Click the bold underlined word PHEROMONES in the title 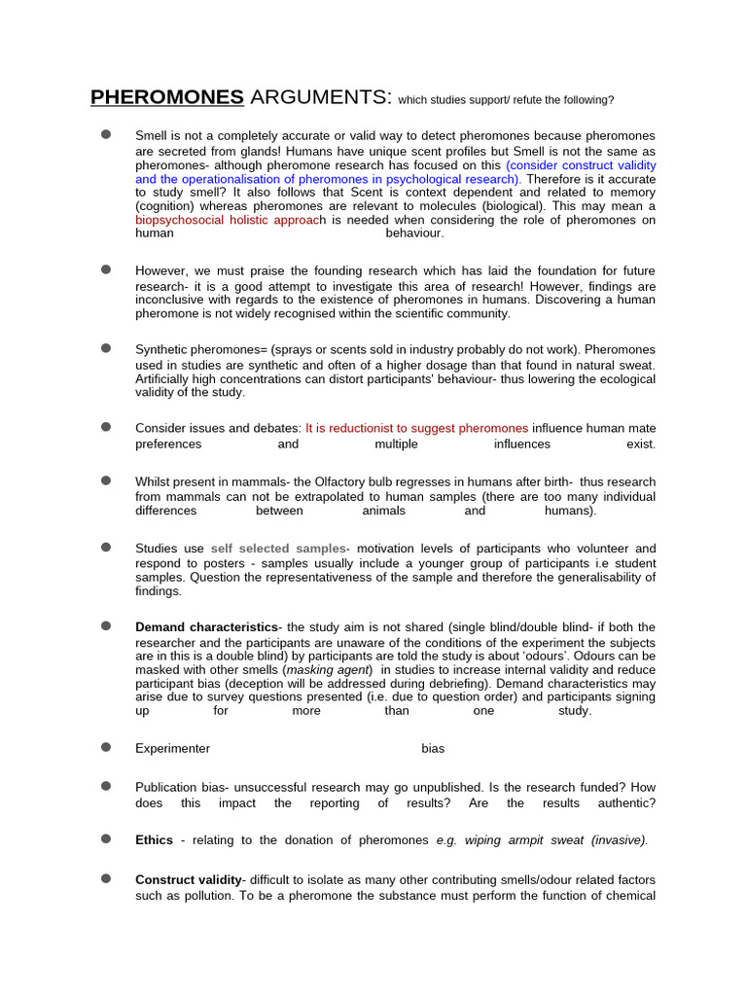click(166, 97)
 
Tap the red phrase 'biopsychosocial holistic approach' click(230, 220)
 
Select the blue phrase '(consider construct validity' click(581, 165)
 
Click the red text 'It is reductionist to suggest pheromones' click(416, 428)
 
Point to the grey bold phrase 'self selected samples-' click(280, 549)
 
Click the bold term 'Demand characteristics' click(206, 627)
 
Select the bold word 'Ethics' click(154, 840)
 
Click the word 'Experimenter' click(172, 748)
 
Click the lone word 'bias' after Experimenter click(433, 748)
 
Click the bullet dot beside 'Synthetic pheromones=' click(106, 348)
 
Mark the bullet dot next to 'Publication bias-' click(106, 785)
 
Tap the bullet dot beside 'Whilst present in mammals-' click(106, 480)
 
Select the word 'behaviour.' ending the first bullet click(414, 233)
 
